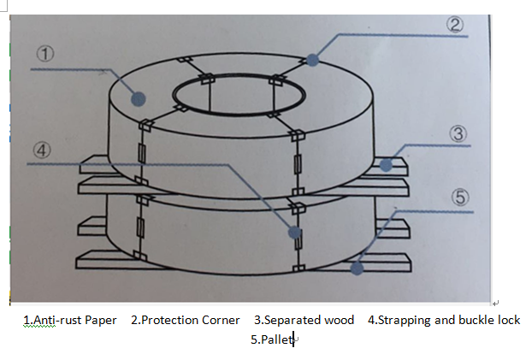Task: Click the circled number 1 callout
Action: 47,52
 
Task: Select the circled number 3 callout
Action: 458,133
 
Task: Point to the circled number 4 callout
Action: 41,149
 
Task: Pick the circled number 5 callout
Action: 460,198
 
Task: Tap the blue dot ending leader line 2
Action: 313,60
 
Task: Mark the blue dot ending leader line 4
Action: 295,232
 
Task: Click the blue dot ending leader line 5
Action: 356,268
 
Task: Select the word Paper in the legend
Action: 101,321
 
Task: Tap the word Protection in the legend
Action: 171,321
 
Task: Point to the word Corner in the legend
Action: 222,321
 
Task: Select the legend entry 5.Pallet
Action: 271,340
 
